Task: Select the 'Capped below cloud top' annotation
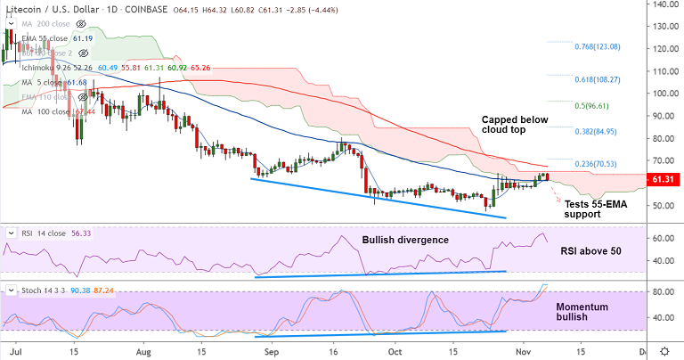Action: (516, 124)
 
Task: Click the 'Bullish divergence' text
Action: (405, 240)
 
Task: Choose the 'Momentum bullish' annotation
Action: (582, 312)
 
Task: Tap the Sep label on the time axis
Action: (273, 351)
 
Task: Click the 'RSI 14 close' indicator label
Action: (45, 233)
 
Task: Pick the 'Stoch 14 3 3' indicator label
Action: (48, 290)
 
